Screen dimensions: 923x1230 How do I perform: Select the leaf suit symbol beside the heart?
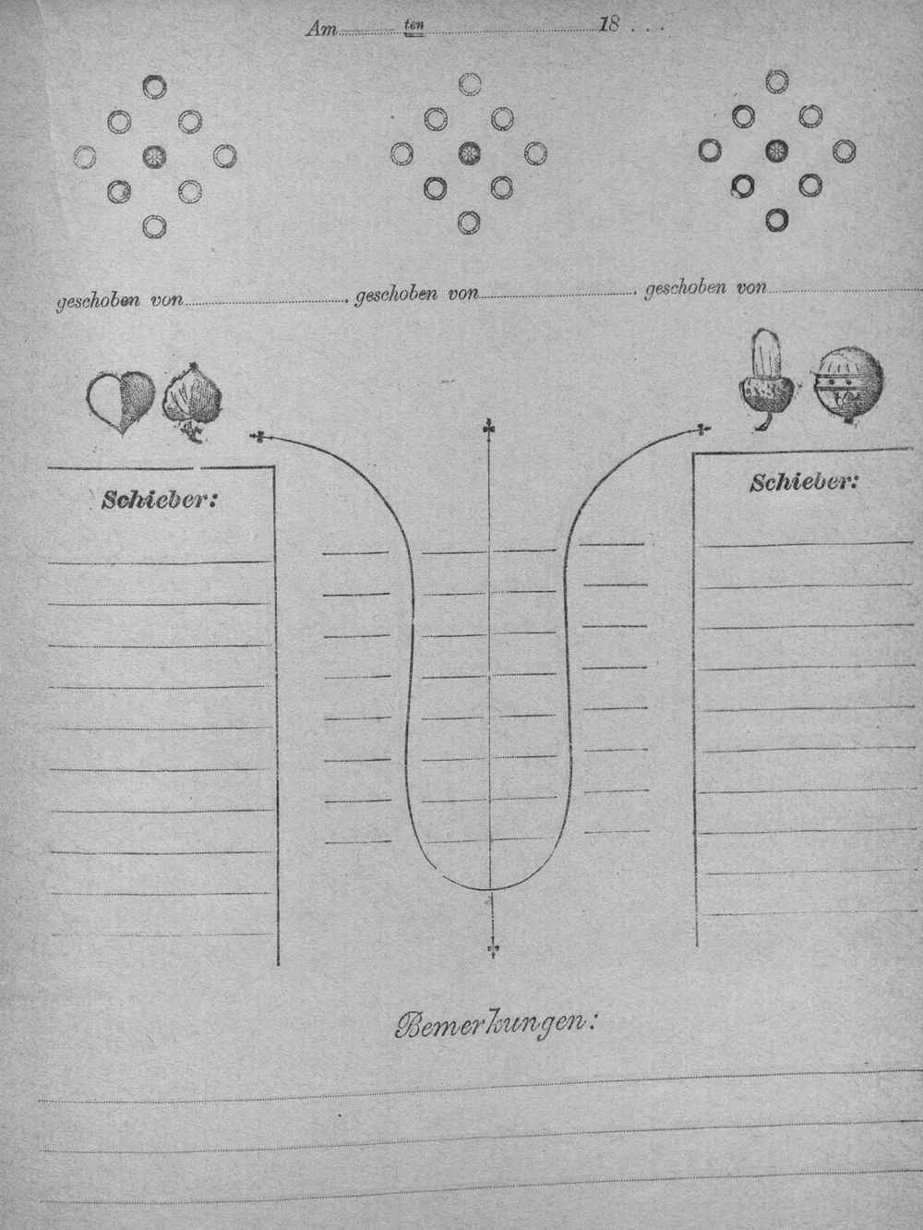click(x=192, y=402)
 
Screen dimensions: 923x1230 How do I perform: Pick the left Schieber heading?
click(x=159, y=500)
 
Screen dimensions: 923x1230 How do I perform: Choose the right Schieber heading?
click(x=804, y=482)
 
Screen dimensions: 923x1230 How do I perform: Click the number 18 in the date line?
click(x=609, y=25)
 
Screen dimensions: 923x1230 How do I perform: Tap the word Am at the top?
click(x=321, y=30)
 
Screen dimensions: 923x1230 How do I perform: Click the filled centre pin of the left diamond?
click(x=154, y=156)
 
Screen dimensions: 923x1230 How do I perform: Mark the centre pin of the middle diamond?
click(x=469, y=152)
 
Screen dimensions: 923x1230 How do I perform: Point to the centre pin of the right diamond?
click(x=776, y=151)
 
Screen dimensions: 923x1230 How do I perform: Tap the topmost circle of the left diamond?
click(x=154, y=86)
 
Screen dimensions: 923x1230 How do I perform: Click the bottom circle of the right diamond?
click(x=776, y=220)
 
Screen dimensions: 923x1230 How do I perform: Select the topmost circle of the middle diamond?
click(x=469, y=84)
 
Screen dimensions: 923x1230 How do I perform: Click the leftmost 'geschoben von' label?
click(x=120, y=301)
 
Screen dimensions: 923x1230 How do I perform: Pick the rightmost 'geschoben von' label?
click(x=706, y=289)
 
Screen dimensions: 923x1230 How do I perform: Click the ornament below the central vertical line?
click(x=492, y=948)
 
